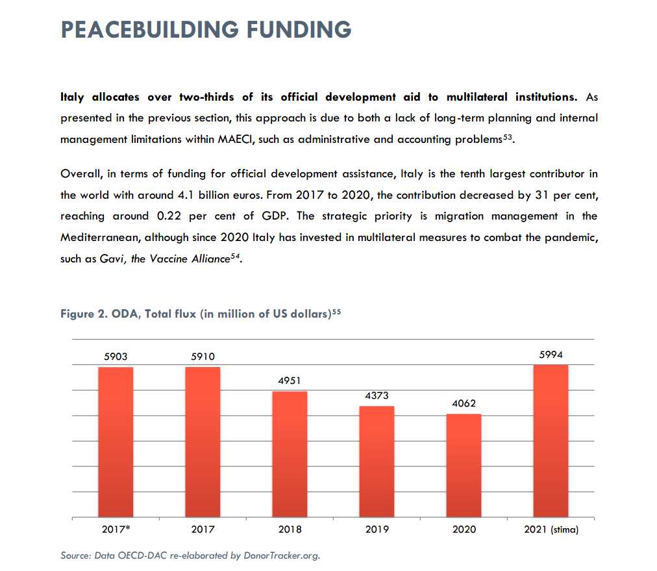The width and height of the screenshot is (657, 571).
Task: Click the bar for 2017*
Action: (116, 442)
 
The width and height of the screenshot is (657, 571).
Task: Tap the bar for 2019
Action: (377, 461)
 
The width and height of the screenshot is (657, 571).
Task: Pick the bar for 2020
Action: (464, 465)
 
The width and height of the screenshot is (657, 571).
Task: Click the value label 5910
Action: (203, 357)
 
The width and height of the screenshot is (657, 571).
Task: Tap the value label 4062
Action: (464, 403)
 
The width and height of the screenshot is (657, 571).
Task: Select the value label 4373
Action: (377, 395)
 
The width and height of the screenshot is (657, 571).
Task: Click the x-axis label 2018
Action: (290, 529)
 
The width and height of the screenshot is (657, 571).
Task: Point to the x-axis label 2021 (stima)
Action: (551, 529)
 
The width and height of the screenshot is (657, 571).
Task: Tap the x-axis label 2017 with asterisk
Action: (116, 529)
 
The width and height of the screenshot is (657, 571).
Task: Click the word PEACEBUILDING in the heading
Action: (149, 30)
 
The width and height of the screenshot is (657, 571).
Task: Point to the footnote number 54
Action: (236, 256)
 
